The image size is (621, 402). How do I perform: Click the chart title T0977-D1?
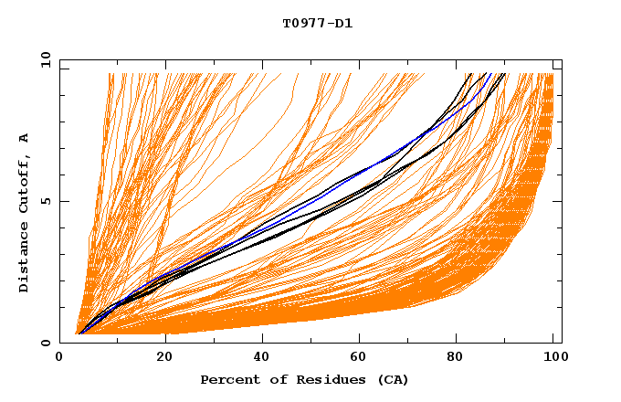(x=317, y=24)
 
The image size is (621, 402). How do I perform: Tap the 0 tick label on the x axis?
(x=59, y=358)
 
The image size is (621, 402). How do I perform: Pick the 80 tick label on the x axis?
(x=458, y=358)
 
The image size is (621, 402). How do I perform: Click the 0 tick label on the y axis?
(x=46, y=344)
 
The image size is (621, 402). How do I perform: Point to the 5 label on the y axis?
(x=46, y=202)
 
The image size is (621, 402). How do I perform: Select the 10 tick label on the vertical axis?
(x=43, y=60)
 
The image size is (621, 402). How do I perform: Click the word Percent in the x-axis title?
(x=228, y=380)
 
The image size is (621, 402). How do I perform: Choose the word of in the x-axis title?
(x=275, y=380)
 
